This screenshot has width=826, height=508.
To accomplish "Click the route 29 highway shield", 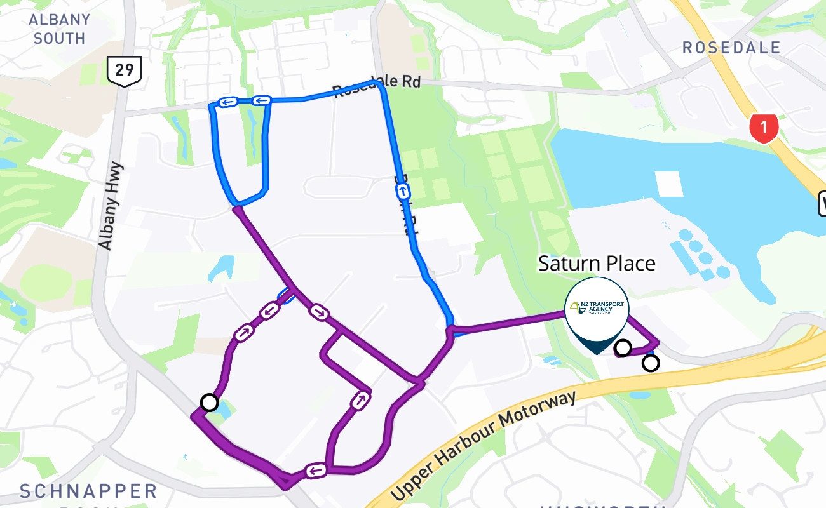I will tap(125, 70).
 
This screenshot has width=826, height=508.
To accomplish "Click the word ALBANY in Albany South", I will tap(60, 19).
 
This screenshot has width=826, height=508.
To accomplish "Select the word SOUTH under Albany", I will tap(60, 39).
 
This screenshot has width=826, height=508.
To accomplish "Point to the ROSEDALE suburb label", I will tap(731, 48).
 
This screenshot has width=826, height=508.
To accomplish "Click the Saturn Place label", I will tap(597, 263).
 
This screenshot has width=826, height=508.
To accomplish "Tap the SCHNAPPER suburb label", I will tap(88, 491).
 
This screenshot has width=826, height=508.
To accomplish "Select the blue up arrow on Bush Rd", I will tap(403, 191).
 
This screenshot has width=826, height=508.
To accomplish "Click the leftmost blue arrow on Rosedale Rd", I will tap(227, 102).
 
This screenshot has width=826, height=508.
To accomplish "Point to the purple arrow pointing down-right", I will tap(318, 311).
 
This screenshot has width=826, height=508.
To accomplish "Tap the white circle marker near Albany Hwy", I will tap(209, 402).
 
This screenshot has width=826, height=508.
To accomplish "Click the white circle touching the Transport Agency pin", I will tap(623, 347).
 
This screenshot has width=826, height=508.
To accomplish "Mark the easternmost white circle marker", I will tap(651, 363).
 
